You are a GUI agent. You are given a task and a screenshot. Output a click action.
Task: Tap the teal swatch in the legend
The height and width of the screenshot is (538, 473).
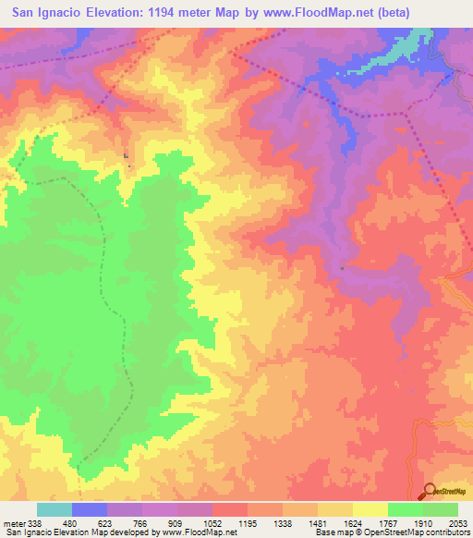coord(55,509)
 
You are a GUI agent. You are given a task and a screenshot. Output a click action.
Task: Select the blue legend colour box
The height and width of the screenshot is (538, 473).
coord(90,509)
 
